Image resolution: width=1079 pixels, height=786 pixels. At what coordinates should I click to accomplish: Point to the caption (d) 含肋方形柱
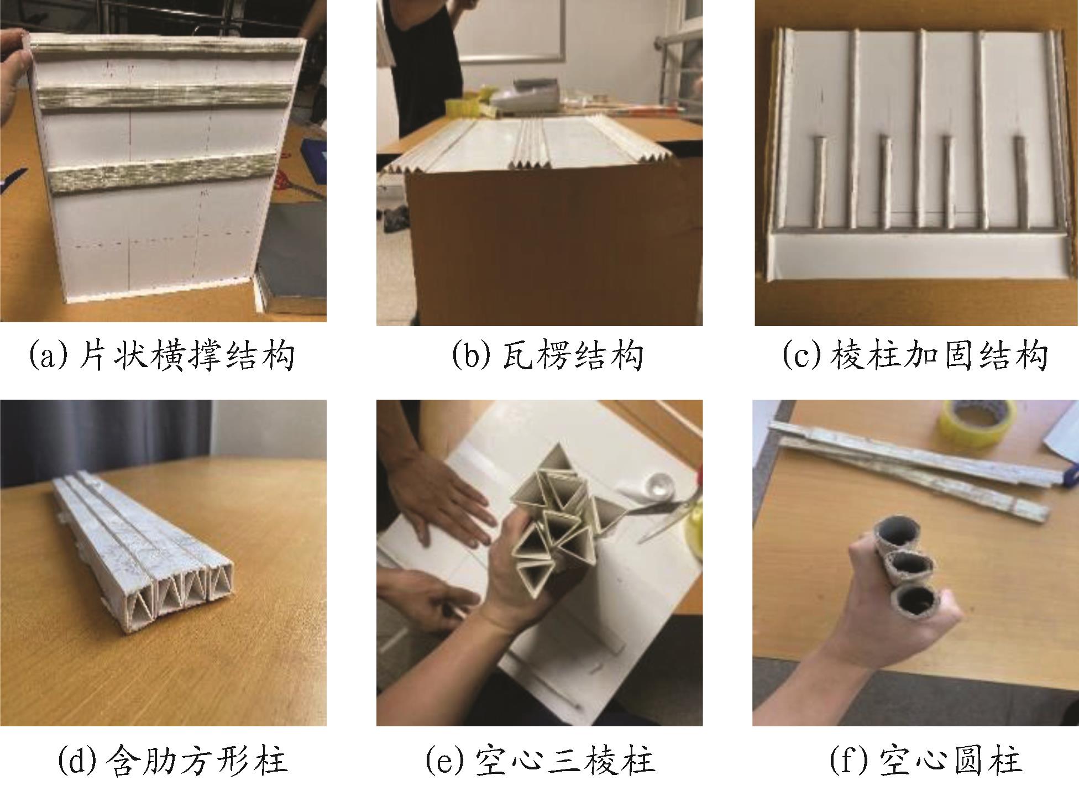172,760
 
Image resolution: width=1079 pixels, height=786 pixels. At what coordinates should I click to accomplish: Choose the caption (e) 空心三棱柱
540,760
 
